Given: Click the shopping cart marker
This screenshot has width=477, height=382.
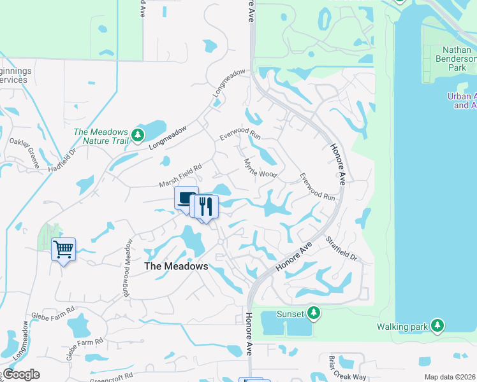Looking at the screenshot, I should click(63, 248).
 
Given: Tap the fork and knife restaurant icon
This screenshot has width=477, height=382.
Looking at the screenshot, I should click(205, 206).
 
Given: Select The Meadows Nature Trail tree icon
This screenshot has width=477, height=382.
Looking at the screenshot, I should click(138, 135).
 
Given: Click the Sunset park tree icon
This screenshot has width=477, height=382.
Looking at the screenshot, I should click(313, 313).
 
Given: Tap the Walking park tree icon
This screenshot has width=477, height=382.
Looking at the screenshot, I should click(437, 326).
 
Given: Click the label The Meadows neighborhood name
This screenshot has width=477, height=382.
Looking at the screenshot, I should click(176, 267).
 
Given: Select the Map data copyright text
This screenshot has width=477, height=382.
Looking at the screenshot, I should click(450, 377).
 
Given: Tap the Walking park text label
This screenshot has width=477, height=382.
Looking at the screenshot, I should click(410, 327).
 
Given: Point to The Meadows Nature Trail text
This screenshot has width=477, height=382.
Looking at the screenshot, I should click(101, 136).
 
